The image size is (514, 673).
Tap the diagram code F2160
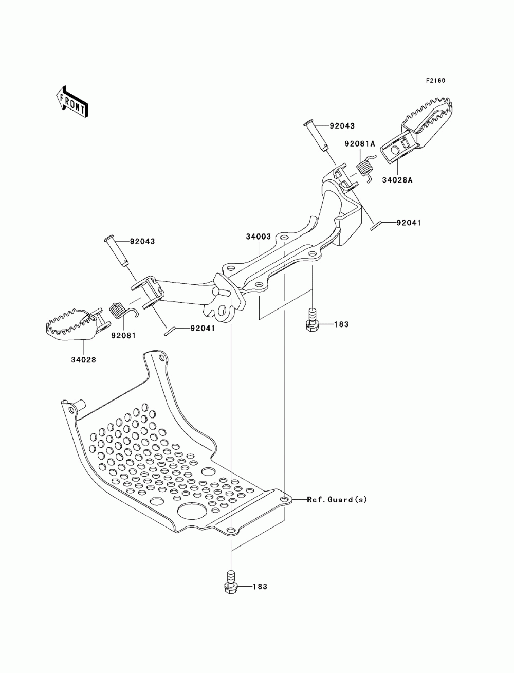(x=435, y=81)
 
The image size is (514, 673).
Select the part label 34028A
(x=397, y=180)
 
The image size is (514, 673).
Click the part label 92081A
(x=359, y=144)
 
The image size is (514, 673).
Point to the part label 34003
(x=259, y=236)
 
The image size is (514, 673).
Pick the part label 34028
(x=83, y=360)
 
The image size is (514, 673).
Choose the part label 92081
(x=123, y=335)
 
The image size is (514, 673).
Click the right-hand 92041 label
(x=409, y=223)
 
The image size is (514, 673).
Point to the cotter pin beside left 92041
(x=169, y=332)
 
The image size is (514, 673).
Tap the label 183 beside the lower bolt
(x=260, y=586)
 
